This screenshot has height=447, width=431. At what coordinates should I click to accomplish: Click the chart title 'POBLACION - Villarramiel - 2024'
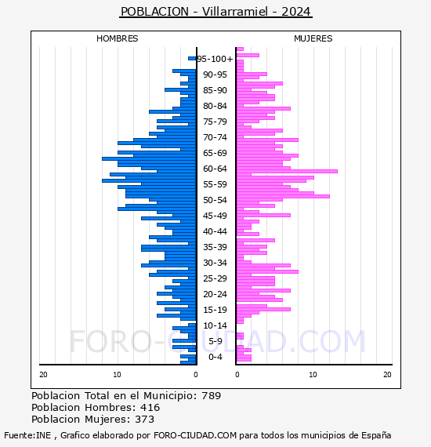(x=215, y=12)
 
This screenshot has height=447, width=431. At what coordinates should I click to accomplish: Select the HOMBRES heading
(x=117, y=38)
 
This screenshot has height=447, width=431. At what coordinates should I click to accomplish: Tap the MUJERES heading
(x=313, y=38)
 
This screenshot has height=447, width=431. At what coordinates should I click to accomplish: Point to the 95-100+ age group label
(x=215, y=59)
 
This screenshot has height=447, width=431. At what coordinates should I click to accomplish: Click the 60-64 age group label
(x=215, y=169)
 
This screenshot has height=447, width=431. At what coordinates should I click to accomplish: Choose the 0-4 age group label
(x=215, y=357)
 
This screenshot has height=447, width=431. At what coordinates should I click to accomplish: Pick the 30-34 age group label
(x=215, y=263)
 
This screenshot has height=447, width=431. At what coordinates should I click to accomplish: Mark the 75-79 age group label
(x=215, y=122)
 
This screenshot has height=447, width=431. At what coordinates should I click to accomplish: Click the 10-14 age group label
(x=215, y=325)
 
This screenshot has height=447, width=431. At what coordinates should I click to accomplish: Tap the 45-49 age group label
(x=215, y=216)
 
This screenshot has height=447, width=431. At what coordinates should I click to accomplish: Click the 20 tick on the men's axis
(x=43, y=374)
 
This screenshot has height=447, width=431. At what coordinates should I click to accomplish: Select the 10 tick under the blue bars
(x=117, y=374)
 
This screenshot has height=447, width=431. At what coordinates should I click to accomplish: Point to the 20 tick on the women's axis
(x=387, y=374)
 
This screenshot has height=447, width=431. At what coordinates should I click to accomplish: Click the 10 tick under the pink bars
(x=313, y=374)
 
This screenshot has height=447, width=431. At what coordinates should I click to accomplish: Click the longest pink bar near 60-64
(x=287, y=171)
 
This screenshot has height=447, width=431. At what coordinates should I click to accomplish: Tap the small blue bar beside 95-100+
(x=192, y=59)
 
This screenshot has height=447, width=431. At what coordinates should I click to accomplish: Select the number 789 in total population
(x=211, y=396)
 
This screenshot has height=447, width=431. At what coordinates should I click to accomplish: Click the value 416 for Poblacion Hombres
(x=150, y=407)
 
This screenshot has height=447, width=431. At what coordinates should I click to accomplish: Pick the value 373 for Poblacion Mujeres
(x=144, y=419)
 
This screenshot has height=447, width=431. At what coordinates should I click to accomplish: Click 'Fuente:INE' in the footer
(x=27, y=435)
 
